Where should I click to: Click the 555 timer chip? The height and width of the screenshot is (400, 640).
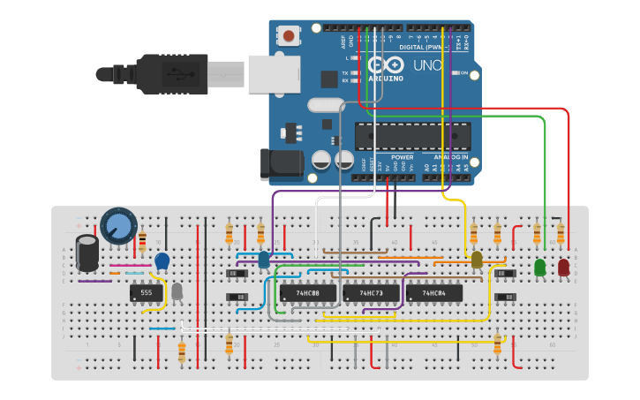pos(147,292)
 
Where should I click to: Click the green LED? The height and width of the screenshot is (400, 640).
pos(540,267)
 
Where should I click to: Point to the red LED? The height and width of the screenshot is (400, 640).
pos(564,267)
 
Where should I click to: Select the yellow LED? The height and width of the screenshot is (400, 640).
pos(477,259)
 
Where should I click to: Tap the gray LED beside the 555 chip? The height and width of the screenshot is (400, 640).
pos(177,291)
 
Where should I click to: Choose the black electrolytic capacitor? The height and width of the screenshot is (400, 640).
pos(87,252)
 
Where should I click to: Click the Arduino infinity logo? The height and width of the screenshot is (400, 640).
pos(383,65)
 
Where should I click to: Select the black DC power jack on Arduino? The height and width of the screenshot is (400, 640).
pos(281,164)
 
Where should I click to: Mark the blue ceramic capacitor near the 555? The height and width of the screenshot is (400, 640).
pos(162,260)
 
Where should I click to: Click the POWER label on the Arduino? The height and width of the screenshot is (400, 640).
pos(402,157)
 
